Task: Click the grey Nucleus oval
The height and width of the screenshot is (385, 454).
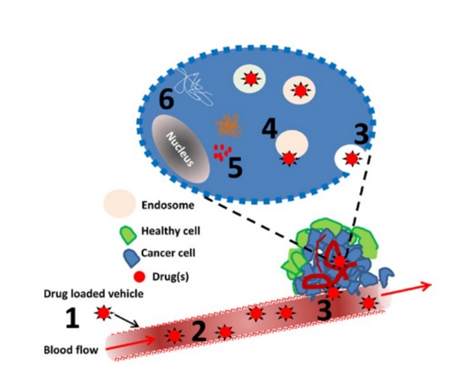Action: tap(182, 149)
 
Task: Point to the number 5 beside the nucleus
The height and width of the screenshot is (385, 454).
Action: tap(235, 167)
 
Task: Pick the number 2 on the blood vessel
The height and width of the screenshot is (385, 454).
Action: tap(198, 331)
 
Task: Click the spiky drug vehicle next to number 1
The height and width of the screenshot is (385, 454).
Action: tap(103, 313)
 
